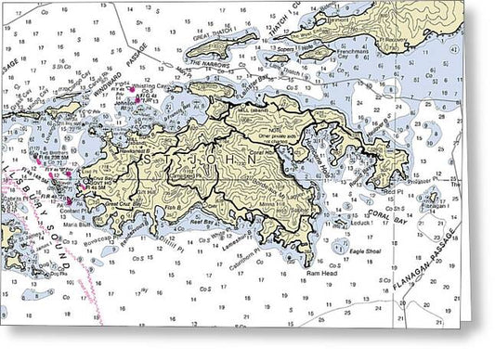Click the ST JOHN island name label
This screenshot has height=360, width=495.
(x=201, y=160)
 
